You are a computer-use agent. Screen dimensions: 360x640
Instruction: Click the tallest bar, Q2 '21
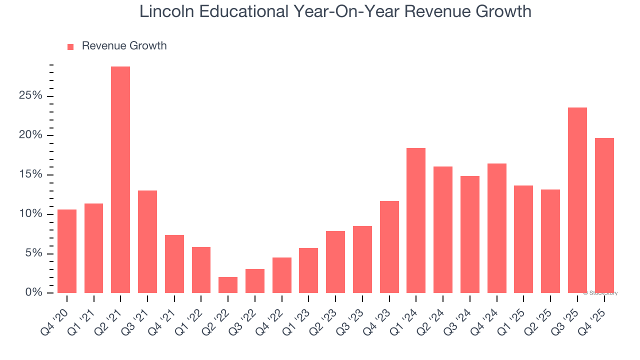120,180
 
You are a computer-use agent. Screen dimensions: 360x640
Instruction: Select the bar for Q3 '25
577,200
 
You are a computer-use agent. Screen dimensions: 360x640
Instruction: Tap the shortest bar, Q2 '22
228,285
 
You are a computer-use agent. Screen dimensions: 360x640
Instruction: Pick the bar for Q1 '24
416,220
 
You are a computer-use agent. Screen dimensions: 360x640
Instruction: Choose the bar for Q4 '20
67,251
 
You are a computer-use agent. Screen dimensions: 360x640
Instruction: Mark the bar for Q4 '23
389,247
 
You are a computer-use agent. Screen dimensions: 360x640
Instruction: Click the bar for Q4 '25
604,215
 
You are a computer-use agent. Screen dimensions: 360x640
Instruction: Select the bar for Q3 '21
147,241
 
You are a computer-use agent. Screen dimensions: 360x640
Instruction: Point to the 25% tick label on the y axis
30,96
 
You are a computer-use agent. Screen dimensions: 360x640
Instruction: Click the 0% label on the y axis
33,293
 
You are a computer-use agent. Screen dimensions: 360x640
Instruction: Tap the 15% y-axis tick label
30,175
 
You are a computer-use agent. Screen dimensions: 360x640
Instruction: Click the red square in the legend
70,47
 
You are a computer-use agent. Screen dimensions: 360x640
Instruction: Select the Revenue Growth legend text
124,46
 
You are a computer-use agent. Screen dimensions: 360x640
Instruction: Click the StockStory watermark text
600,293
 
